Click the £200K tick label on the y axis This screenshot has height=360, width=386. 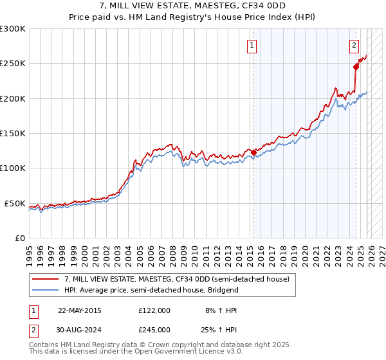[13, 98]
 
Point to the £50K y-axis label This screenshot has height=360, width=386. [15, 203]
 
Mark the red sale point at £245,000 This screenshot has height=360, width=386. [356, 66]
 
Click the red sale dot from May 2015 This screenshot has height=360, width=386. [253, 152]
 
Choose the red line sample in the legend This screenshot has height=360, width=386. [46, 279]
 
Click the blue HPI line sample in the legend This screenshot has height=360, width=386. [46, 290]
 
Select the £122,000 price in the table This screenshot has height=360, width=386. [154, 310]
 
